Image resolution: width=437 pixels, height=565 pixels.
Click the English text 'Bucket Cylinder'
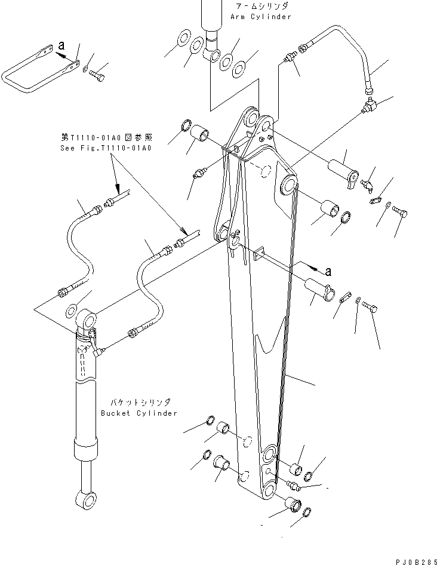coord(139,413)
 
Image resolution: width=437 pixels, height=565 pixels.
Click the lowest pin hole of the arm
coord(267,491)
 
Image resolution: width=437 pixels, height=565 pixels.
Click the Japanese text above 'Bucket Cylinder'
coord(139,403)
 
